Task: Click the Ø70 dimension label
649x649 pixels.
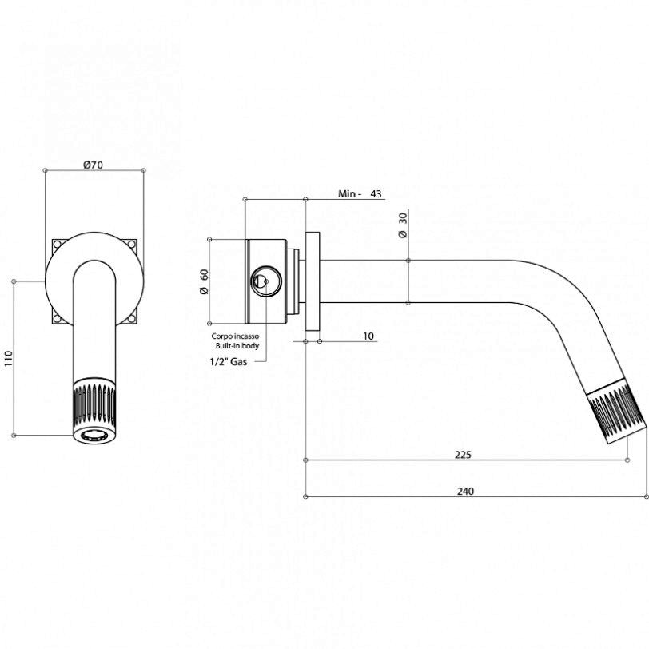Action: (94, 165)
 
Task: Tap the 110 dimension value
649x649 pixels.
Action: (9, 356)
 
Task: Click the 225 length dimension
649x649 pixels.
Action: (463, 454)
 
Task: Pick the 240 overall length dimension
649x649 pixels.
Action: (465, 491)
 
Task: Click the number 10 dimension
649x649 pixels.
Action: (368, 336)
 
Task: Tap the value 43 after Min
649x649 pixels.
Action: (376, 194)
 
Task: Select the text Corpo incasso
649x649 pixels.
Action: (234, 337)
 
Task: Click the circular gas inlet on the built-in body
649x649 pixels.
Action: (261, 281)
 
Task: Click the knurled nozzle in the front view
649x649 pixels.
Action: (94, 404)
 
